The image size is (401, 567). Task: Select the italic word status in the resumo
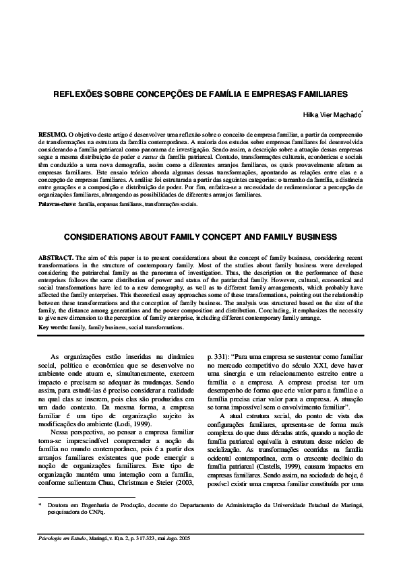click(161, 157)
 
